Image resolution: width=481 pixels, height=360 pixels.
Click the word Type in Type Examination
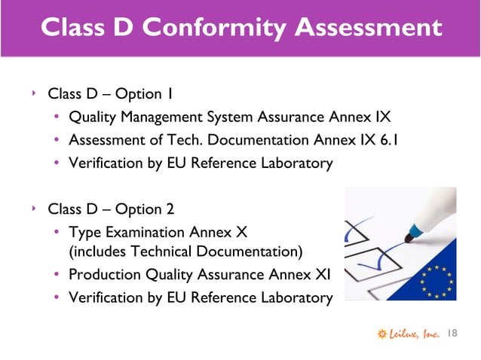click(x=84, y=230)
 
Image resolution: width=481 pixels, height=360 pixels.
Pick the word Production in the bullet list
click(x=101, y=275)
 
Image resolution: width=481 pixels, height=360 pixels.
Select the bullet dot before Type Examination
click(x=57, y=231)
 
